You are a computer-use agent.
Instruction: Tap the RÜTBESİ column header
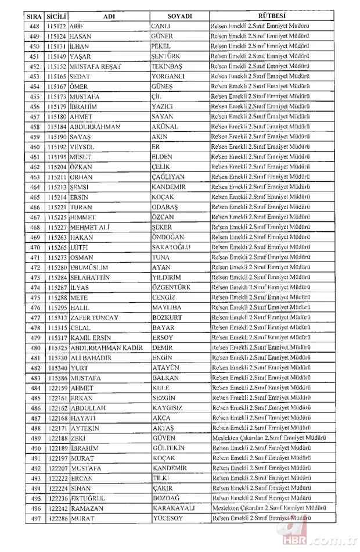[268, 16]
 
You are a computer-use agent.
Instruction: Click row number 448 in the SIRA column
[34, 26]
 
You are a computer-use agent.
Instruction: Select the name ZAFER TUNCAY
[94, 317]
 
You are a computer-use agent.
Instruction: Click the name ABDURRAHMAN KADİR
[106, 347]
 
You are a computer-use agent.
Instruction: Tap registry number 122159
[58, 388]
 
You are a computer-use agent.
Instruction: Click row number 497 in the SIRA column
[34, 518]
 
